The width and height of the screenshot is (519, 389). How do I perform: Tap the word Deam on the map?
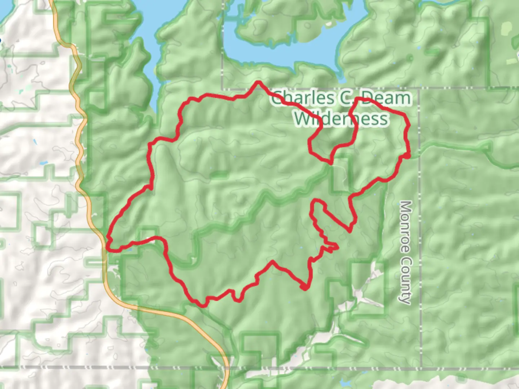point(386,98)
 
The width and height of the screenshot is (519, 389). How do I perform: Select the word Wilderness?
point(341,118)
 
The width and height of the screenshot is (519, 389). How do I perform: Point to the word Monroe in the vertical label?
point(405,223)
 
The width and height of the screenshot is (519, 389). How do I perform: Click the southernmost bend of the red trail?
point(203,305)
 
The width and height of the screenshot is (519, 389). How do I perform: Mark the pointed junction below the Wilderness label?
point(330,163)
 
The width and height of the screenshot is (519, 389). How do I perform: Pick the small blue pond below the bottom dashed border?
point(345,383)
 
